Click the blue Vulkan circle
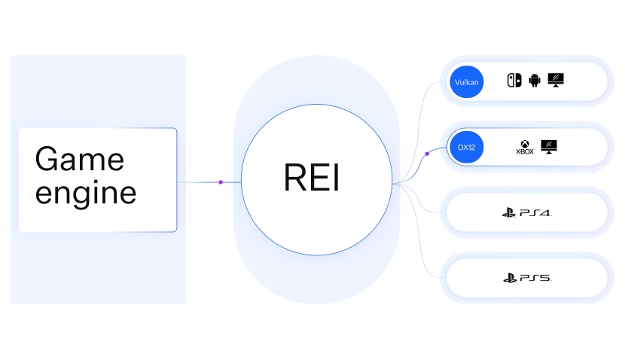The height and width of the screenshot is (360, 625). click(466, 81)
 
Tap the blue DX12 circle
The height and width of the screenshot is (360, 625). click(466, 147)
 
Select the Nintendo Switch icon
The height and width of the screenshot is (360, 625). click(514, 81)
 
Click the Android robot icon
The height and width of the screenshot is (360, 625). click(535, 81)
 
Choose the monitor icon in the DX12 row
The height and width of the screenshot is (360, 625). click(549, 147)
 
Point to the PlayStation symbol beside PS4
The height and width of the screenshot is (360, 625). click(509, 213)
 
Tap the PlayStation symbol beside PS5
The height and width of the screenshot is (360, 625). click(510, 279)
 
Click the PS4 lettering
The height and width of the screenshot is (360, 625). click(535, 214)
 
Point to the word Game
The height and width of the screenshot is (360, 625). click(80, 159)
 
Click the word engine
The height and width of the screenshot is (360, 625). click(86, 193)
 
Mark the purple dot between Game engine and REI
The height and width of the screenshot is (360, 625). click(221, 182)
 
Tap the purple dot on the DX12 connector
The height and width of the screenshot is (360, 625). click(427, 154)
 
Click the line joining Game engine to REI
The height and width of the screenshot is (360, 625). click(200, 182)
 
